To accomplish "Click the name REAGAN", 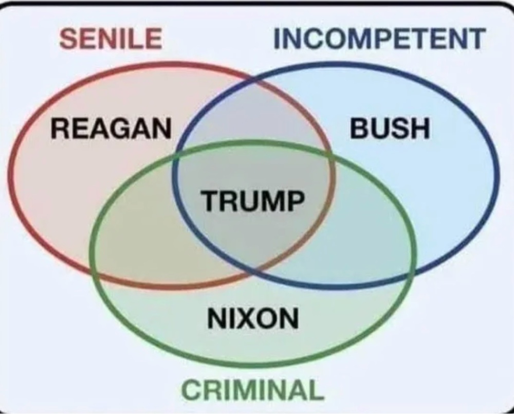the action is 111,128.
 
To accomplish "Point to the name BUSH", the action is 390,128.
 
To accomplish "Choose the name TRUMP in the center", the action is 251,200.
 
